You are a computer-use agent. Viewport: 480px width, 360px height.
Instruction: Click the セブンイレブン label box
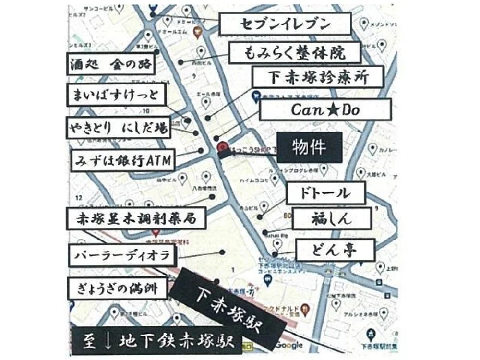pyautogui.click(x=285, y=24)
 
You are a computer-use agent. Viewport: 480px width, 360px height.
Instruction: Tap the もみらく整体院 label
pyautogui.click(x=295, y=52)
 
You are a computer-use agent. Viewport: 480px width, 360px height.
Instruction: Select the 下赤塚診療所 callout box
pyautogui.click(x=318, y=77)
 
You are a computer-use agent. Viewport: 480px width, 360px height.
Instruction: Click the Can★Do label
pyautogui.click(x=325, y=110)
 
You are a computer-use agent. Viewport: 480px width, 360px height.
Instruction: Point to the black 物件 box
pyautogui.click(x=310, y=147)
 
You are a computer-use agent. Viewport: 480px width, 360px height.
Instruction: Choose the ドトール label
pyautogui.click(x=325, y=193)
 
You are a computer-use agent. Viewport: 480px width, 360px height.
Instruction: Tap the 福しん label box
pyautogui.click(x=331, y=219)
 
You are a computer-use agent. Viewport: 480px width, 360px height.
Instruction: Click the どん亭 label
pyautogui.click(x=328, y=250)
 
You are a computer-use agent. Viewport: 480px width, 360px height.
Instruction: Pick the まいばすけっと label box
pyautogui.click(x=116, y=95)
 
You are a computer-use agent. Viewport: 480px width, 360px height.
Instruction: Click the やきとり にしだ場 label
pyautogui.click(x=118, y=128)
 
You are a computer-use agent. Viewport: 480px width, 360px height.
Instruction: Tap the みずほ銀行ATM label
pyautogui.click(x=123, y=160)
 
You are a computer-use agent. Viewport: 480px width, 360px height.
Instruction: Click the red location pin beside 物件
pyautogui.click(x=222, y=147)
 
